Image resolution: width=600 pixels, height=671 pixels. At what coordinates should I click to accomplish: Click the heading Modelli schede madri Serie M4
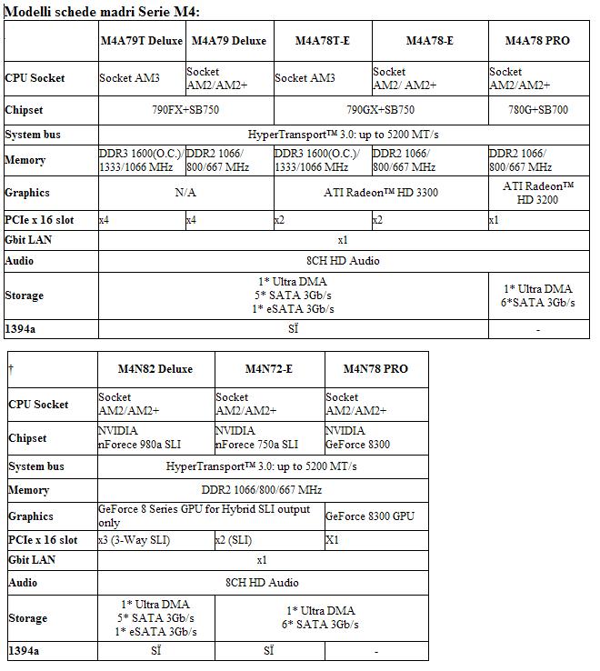pos(102,10)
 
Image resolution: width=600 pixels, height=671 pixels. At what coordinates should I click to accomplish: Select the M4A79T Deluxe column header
pos(141,41)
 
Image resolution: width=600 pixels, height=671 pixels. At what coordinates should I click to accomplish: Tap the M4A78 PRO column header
pos(537,41)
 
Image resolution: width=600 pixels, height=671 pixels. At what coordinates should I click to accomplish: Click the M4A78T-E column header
pos(323,41)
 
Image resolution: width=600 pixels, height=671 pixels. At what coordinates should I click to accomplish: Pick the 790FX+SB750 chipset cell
pos(185,110)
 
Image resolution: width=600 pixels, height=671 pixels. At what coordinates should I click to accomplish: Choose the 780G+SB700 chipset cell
pos(537,110)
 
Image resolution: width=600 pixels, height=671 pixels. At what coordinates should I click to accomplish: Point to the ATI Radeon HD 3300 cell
pos(380,193)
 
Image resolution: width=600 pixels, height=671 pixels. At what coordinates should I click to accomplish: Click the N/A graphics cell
pos(185,193)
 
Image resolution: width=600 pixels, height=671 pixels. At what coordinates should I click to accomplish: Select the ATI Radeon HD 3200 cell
pos(537,193)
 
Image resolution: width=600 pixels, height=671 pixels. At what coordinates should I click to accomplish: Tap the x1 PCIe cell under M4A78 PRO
pos(495,220)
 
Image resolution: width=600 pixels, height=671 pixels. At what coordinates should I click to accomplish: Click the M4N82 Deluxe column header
pos(155,369)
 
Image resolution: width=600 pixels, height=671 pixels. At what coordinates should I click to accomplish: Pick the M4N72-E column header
pos(268,369)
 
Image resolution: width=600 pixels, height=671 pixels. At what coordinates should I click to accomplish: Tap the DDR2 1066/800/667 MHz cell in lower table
pos(262,490)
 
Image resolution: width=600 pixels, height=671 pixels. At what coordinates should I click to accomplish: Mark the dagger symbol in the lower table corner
pos(10,368)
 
